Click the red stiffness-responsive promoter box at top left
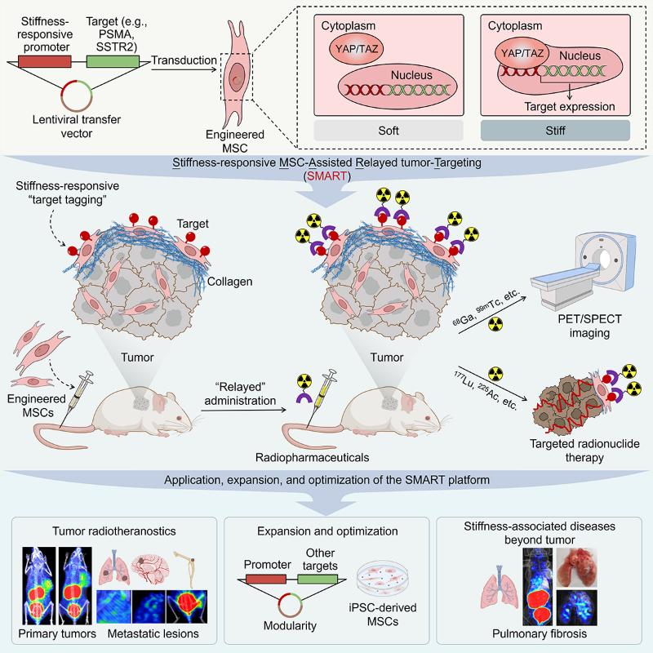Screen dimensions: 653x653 point(45,62)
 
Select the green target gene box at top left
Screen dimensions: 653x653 point(113,62)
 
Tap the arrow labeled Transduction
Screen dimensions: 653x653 point(184,69)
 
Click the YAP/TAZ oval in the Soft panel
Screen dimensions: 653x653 point(357,49)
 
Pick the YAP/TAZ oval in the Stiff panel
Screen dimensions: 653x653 point(522,54)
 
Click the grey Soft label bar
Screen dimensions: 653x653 point(389,131)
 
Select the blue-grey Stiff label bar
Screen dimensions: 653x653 point(555,131)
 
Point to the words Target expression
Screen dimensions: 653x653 point(569,107)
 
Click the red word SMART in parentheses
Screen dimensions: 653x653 point(327,176)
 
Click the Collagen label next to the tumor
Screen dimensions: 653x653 point(230,282)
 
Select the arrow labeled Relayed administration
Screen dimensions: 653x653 point(243,411)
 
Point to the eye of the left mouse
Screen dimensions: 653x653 point(179,418)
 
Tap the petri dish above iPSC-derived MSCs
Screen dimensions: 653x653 point(382,578)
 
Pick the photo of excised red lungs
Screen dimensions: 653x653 point(577,567)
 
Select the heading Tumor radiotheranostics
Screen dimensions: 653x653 point(114,531)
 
